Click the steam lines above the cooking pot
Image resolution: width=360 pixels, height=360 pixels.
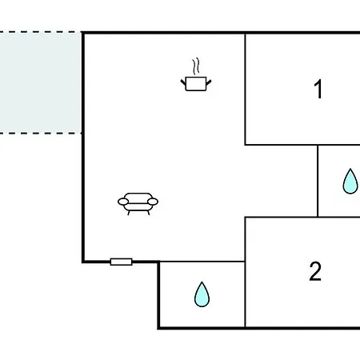(196, 66)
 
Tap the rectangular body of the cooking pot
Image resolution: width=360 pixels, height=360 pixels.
(196, 84)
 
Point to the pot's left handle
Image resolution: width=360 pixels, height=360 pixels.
(183, 82)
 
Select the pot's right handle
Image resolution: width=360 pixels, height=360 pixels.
(209, 82)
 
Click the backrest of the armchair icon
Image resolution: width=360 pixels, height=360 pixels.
(138, 196)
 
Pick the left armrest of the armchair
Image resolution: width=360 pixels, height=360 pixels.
(123, 202)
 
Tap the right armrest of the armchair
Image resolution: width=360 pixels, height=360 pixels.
(153, 202)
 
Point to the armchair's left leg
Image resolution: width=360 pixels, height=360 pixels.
(129, 213)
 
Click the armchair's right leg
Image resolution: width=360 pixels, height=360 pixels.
(148, 213)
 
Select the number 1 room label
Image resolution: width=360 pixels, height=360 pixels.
(318, 89)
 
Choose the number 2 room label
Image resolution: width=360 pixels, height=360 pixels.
(315, 271)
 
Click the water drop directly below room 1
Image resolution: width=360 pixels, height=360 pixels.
(350, 181)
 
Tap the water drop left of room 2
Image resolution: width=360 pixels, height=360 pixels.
(202, 294)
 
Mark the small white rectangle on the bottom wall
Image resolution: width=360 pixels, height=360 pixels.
(122, 262)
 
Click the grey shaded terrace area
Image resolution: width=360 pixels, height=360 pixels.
(41, 82)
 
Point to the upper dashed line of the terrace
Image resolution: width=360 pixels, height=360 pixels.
(41, 32)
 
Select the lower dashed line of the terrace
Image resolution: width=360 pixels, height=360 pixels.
(41, 133)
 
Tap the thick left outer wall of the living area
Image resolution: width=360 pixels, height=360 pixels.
(83, 147)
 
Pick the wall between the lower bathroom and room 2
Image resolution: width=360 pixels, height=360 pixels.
(245, 294)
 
